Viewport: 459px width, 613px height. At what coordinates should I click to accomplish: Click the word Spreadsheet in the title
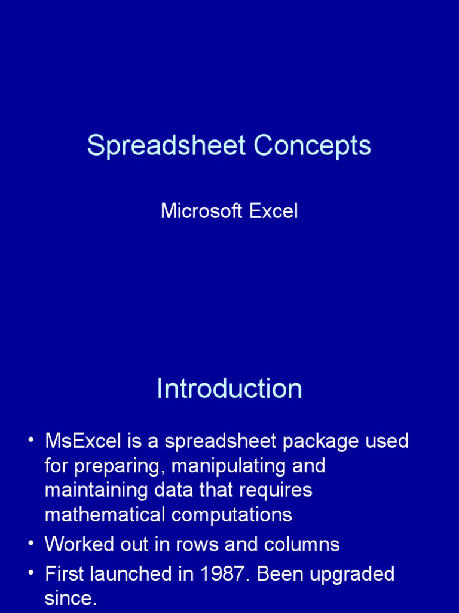pyautogui.click(x=167, y=145)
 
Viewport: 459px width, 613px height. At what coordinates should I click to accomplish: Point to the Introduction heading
pyautogui.click(x=229, y=389)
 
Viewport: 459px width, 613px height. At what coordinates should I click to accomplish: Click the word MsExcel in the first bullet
pyautogui.click(x=83, y=441)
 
